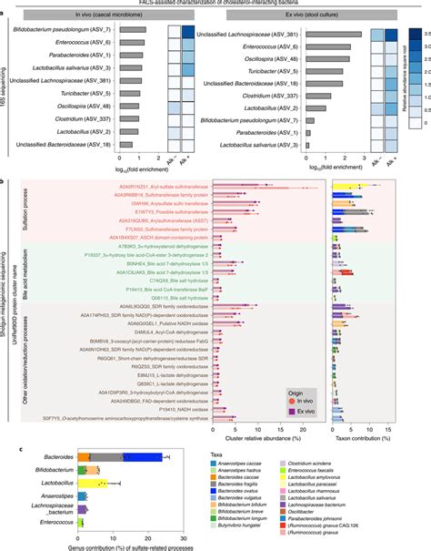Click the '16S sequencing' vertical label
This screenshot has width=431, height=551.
8,87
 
